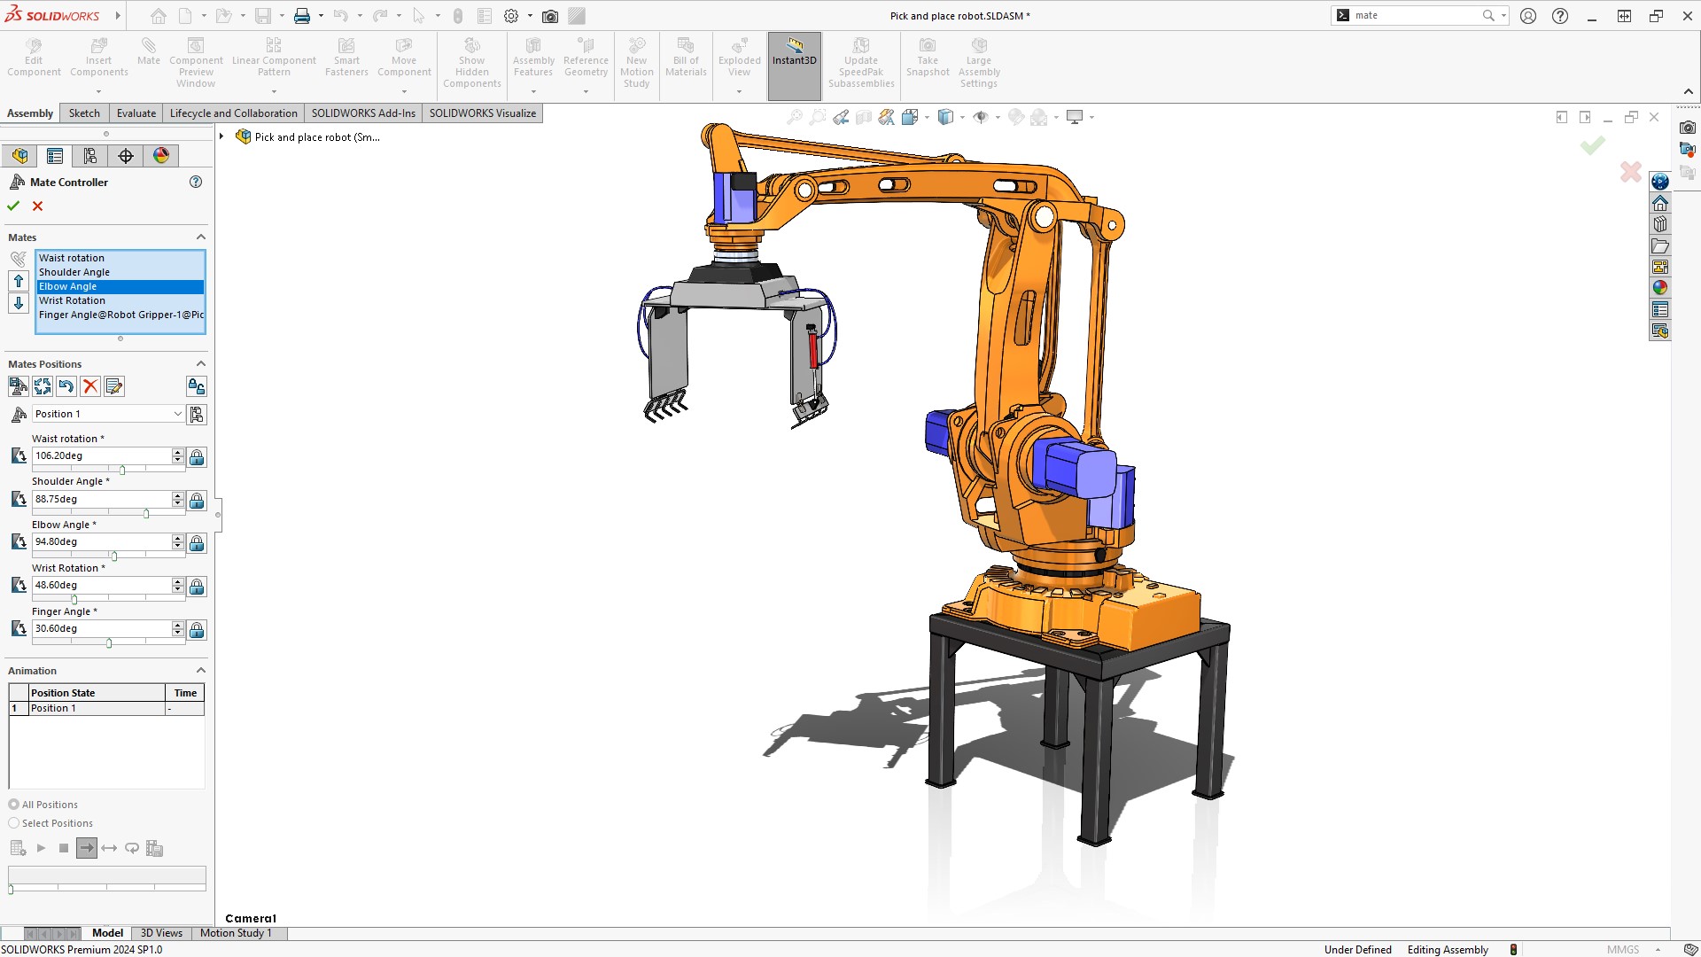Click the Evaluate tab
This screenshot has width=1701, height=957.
136,113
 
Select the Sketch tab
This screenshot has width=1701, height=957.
84,113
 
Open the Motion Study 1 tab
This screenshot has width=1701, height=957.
236,933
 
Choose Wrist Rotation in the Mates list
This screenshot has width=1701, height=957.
72,300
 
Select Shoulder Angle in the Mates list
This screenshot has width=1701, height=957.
74,272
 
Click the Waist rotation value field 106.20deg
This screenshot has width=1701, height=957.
101,455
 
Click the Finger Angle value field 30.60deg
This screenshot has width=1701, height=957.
101,628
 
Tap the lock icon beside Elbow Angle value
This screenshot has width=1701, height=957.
197,543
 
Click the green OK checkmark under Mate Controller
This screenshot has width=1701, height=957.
13,206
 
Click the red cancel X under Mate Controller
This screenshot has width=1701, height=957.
37,206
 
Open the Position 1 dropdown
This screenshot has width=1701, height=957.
177,414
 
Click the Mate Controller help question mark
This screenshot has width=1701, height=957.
196,182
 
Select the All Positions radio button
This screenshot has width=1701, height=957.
14,805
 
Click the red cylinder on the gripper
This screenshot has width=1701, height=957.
812,348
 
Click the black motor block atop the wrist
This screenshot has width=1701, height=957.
743,182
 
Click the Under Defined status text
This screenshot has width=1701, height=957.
1357,950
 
